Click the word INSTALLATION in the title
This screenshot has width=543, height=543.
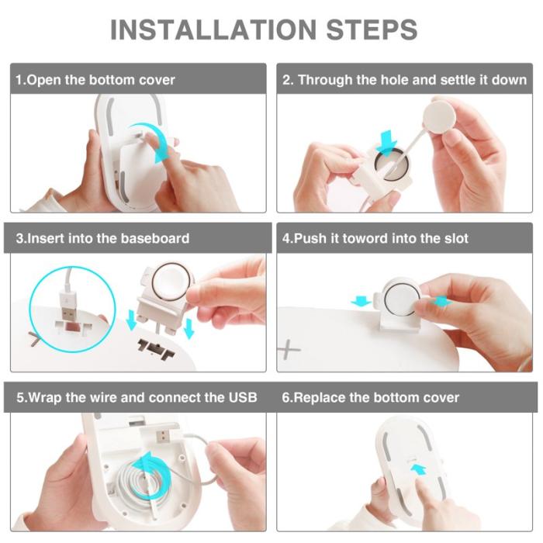click(x=213, y=29)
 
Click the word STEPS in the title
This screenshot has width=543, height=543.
click(x=372, y=29)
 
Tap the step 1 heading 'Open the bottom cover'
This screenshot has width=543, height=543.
click(x=101, y=80)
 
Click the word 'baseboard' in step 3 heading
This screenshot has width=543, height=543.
click(x=155, y=238)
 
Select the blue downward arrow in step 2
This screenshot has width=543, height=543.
click(x=386, y=143)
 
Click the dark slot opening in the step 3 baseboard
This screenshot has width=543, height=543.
click(x=155, y=348)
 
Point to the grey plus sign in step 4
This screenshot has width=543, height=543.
click(x=288, y=349)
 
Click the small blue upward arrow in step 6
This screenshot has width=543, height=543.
click(x=419, y=471)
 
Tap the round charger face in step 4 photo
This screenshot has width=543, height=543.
click(x=402, y=297)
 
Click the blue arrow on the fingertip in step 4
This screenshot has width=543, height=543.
click(x=441, y=301)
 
